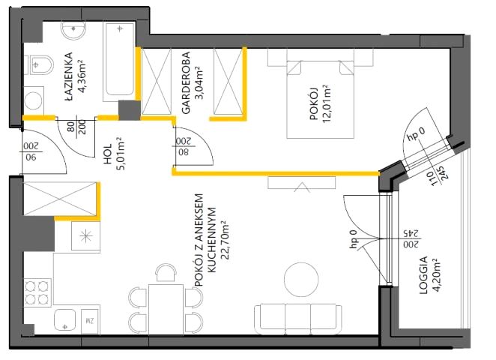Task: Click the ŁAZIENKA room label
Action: click(69, 76)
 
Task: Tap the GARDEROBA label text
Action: click(186, 82)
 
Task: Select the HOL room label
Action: click(108, 154)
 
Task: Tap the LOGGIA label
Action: click(423, 275)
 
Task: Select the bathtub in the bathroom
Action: click(120, 61)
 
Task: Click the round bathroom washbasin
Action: click(73, 31)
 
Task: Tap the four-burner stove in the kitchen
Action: click(37, 293)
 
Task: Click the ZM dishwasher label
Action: click(90, 321)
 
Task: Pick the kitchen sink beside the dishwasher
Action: click(65, 320)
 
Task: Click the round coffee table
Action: click(301, 280)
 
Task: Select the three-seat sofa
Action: click(298, 319)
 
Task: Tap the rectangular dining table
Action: click(166, 309)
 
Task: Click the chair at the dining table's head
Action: click(166, 272)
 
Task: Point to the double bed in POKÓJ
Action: click(320, 99)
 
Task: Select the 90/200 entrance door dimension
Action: click(31, 151)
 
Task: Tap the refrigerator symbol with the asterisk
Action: click(85, 236)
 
